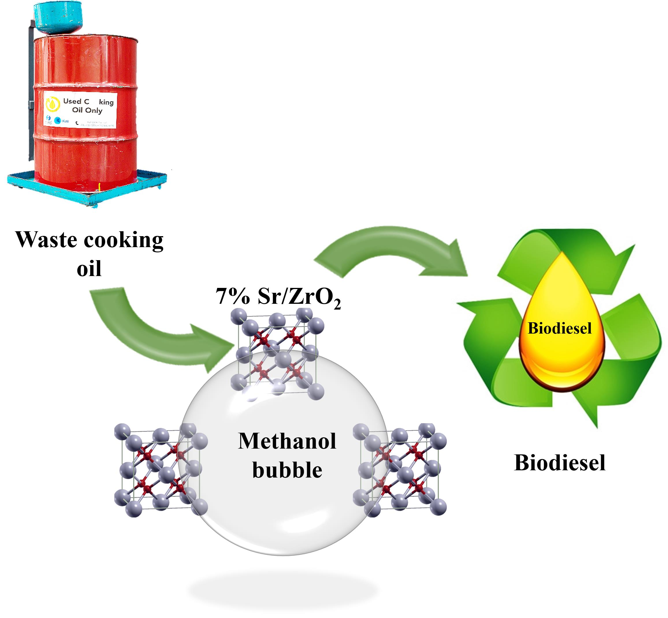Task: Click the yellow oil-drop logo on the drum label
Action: tap(52, 104)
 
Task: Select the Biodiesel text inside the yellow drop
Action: tap(559, 328)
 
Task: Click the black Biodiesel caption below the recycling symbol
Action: tap(559, 463)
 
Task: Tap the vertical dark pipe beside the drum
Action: tap(31, 90)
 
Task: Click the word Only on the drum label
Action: tap(94, 110)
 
